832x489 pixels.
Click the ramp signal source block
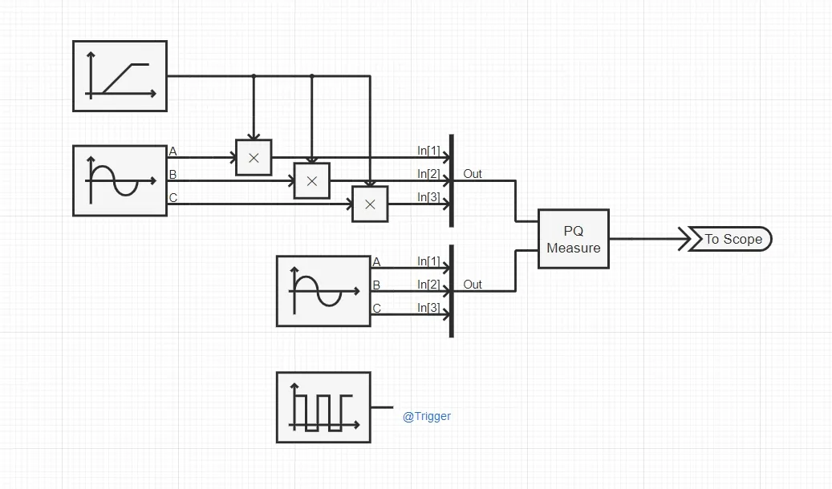click(120, 76)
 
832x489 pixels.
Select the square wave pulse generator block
click(323, 407)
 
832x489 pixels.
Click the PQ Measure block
click(573, 239)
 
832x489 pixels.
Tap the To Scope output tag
click(731, 239)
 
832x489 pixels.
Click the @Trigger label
click(426, 416)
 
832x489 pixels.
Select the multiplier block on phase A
click(254, 158)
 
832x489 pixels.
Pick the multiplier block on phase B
click(312, 181)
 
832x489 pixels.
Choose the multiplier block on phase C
click(370, 204)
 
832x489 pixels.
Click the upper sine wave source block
click(120, 180)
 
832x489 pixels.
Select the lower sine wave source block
click(323, 291)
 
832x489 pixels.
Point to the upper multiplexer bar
click(452, 180)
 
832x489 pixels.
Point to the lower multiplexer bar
click(452, 291)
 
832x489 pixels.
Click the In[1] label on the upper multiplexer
click(428, 151)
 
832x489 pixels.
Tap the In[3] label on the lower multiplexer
click(428, 308)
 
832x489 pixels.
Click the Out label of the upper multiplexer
click(473, 174)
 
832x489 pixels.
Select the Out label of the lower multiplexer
click(473, 285)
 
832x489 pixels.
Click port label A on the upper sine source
click(172, 151)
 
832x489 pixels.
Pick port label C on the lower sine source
click(376, 308)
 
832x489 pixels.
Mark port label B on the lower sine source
click(376, 285)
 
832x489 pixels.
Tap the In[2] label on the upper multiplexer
click(428, 174)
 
